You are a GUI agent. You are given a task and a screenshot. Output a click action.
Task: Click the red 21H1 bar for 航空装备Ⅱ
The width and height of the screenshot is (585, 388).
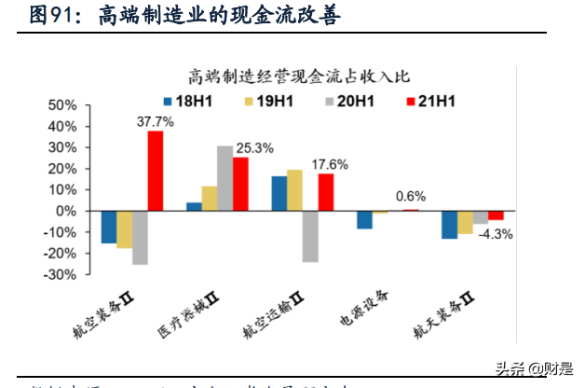[156, 171]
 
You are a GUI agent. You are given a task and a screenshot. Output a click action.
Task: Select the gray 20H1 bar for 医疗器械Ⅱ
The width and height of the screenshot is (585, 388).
[224, 178]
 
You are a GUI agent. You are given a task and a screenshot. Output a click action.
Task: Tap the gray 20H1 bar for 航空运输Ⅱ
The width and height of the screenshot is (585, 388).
[310, 236]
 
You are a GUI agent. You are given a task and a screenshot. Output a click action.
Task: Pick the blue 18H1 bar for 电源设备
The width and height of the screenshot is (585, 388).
[364, 220]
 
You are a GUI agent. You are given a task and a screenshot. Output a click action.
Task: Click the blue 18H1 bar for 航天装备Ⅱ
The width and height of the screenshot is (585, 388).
[449, 225]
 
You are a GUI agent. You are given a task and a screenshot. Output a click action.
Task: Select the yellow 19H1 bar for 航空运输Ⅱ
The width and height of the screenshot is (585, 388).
[294, 190]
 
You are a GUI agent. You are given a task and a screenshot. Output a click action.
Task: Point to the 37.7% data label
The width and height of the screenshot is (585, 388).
[156, 121]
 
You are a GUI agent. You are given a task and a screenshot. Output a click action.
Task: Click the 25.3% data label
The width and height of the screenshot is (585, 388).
[255, 147]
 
